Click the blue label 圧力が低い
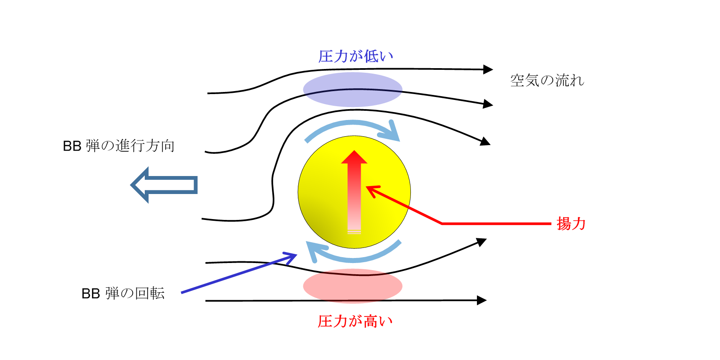point(356,56)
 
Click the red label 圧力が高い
point(355,321)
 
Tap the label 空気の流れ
point(547,80)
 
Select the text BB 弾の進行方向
point(119,146)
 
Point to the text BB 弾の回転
point(123,293)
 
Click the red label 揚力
point(571,224)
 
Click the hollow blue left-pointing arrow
point(164,185)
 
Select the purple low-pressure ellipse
point(353,89)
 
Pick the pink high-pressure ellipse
point(353,286)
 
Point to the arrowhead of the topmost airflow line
point(488,69)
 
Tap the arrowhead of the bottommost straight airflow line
point(482,300)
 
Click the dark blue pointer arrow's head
point(291,257)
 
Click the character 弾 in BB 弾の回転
point(112,293)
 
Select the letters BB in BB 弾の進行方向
point(72,146)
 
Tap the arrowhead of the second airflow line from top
point(488,104)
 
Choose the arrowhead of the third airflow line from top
point(485,141)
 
